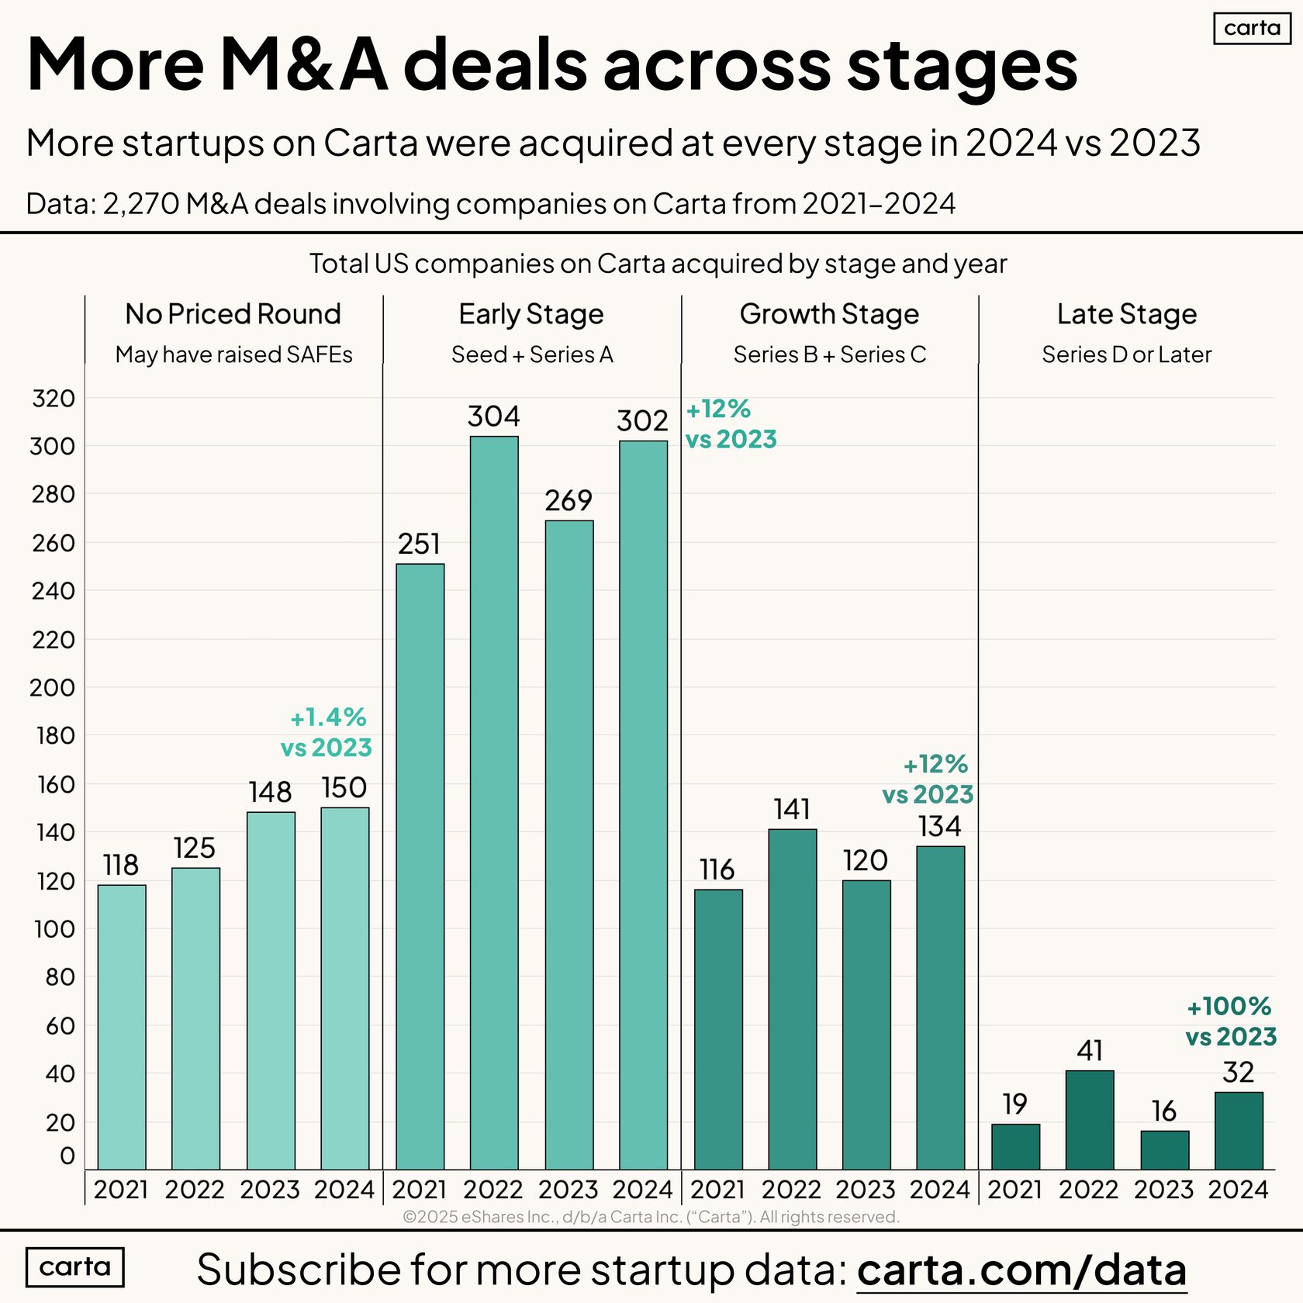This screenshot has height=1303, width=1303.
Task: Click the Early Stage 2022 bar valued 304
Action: pyautogui.click(x=494, y=802)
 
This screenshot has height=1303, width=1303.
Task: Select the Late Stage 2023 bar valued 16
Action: pyautogui.click(x=1164, y=1149)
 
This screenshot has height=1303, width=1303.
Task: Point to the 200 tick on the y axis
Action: pyautogui.click(x=53, y=687)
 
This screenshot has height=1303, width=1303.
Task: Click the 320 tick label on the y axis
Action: pyautogui.click(x=54, y=399)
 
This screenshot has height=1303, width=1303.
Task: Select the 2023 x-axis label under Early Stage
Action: pyautogui.click(x=568, y=1189)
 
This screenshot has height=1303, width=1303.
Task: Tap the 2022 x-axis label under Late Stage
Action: pyautogui.click(x=1089, y=1189)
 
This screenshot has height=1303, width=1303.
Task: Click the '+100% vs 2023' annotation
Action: pyautogui.click(x=1230, y=1021)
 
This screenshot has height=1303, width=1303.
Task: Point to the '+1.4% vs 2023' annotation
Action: pyautogui.click(x=327, y=732)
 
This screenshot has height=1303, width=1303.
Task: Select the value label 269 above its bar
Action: pyautogui.click(x=569, y=500)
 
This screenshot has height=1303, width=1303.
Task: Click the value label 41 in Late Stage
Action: pyautogui.click(x=1090, y=1051)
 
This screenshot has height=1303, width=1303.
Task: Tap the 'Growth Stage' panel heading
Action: pyautogui.click(x=829, y=314)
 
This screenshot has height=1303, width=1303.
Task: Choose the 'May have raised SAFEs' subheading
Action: pyautogui.click(x=233, y=354)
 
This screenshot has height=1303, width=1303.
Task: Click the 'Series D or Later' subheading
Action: pyautogui.click(x=1126, y=354)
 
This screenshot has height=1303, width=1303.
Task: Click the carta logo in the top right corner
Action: pyautogui.click(x=1252, y=29)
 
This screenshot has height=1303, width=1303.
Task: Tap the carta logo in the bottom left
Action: pyautogui.click(x=74, y=1267)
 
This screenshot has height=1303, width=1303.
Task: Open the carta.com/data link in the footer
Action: pyautogui.click(x=1021, y=1270)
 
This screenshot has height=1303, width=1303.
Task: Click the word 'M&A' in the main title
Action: pyautogui.click(x=304, y=64)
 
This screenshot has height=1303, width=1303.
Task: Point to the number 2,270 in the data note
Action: pyautogui.click(x=141, y=204)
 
